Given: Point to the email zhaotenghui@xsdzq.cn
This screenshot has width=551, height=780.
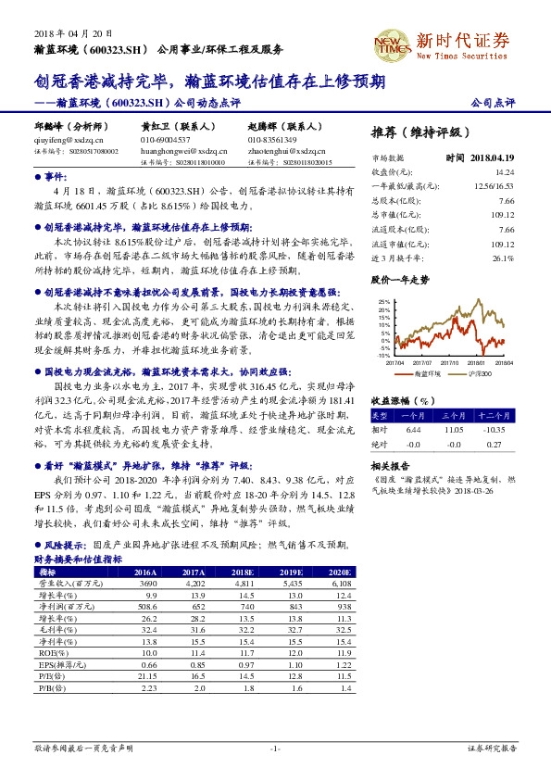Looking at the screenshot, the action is tap(283, 149).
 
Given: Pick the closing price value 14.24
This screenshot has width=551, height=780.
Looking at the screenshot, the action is tap(505, 172).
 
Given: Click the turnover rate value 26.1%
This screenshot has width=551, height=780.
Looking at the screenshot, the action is tap(503, 258).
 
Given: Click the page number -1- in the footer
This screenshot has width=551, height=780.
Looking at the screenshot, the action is tap(275, 747).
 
